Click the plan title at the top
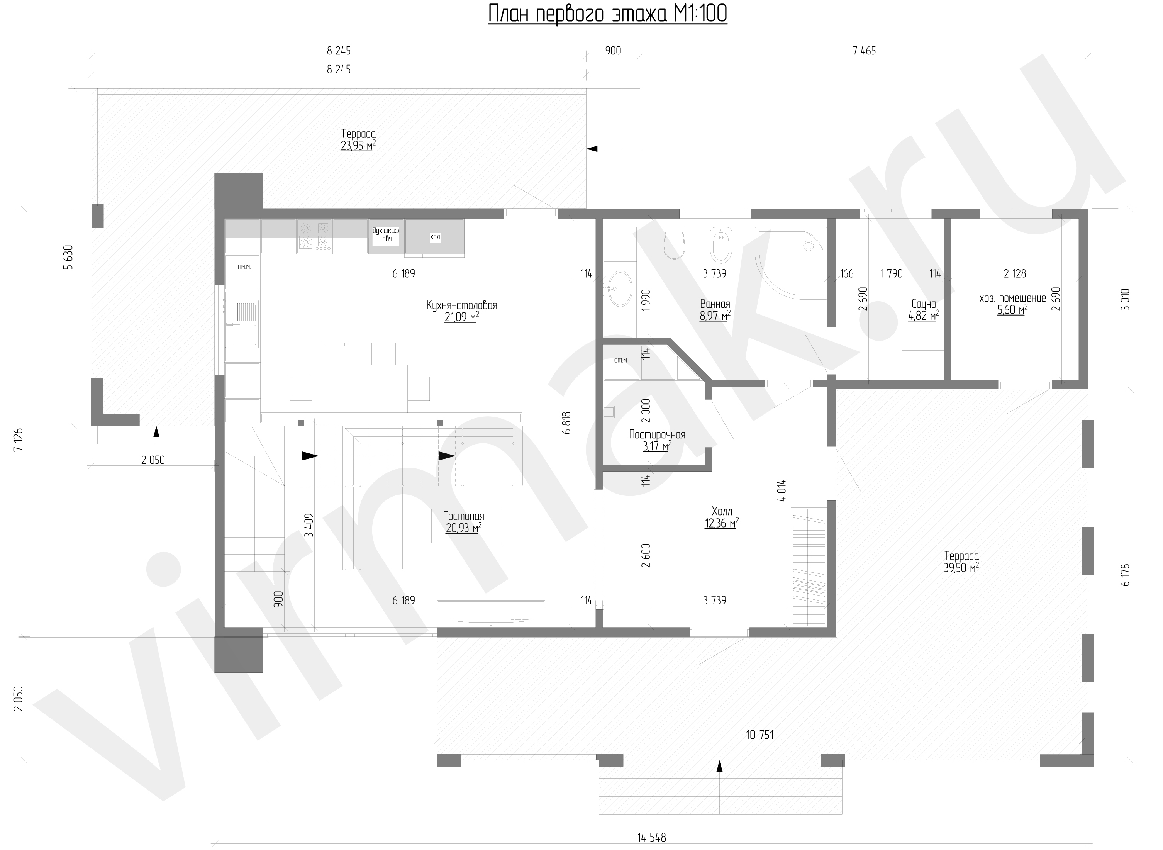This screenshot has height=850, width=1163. [x=607, y=14]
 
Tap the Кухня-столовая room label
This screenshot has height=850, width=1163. [x=461, y=305]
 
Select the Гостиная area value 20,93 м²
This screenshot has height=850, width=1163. [x=463, y=528]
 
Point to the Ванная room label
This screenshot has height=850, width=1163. [x=715, y=304]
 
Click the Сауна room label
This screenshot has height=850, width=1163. [x=923, y=304]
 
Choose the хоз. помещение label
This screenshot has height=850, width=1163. [x=1012, y=299]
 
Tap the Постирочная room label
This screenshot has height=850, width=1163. [x=657, y=435]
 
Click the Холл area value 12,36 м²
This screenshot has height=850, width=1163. [x=722, y=524]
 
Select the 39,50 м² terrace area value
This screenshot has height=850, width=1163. [x=961, y=568]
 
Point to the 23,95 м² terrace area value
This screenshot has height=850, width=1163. [x=358, y=146]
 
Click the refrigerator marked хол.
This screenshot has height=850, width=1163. [x=435, y=237]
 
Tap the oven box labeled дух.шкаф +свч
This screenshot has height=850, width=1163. [x=386, y=236]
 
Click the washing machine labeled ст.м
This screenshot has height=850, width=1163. [x=621, y=362]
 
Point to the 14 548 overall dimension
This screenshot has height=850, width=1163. [x=651, y=838]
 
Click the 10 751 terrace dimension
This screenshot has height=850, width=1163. [x=760, y=735]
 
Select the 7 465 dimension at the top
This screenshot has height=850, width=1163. [x=864, y=51]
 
